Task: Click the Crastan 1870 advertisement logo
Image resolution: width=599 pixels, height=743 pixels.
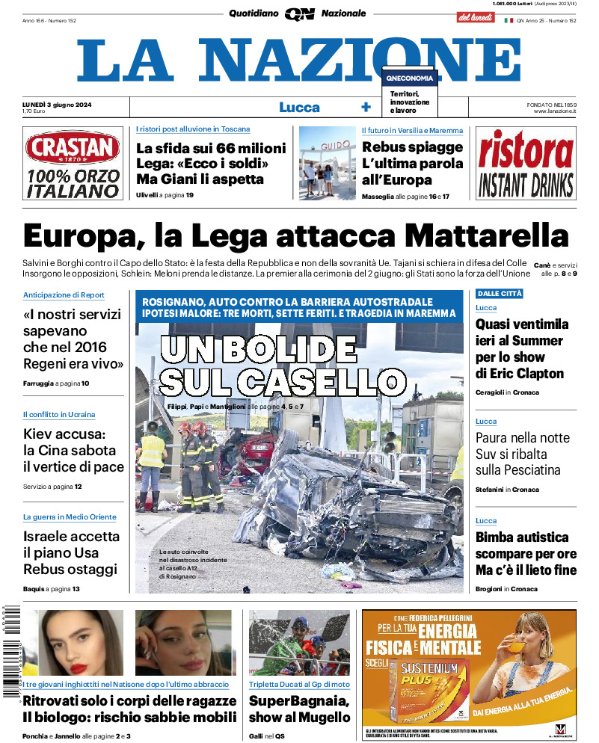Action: click(73, 147)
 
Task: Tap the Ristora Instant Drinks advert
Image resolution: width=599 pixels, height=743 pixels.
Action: click(526, 164)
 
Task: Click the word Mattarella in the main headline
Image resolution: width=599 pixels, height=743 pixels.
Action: click(487, 236)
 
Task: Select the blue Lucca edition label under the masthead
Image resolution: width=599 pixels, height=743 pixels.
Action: click(299, 107)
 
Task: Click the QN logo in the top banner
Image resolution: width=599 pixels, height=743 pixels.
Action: click(299, 13)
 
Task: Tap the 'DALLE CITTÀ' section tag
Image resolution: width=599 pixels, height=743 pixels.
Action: click(500, 294)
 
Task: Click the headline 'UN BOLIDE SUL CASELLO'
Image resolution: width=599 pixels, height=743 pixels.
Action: click(280, 365)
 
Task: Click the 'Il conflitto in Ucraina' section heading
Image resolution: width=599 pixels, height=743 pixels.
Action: click(59, 414)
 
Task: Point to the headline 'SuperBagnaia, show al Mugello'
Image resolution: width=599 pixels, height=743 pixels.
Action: click(299, 709)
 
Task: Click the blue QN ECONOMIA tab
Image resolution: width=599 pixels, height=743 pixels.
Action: click(409, 78)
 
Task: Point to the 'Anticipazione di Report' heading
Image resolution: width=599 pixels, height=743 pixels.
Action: click(64, 295)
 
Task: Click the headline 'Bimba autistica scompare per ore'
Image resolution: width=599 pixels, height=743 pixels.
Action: click(526, 553)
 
